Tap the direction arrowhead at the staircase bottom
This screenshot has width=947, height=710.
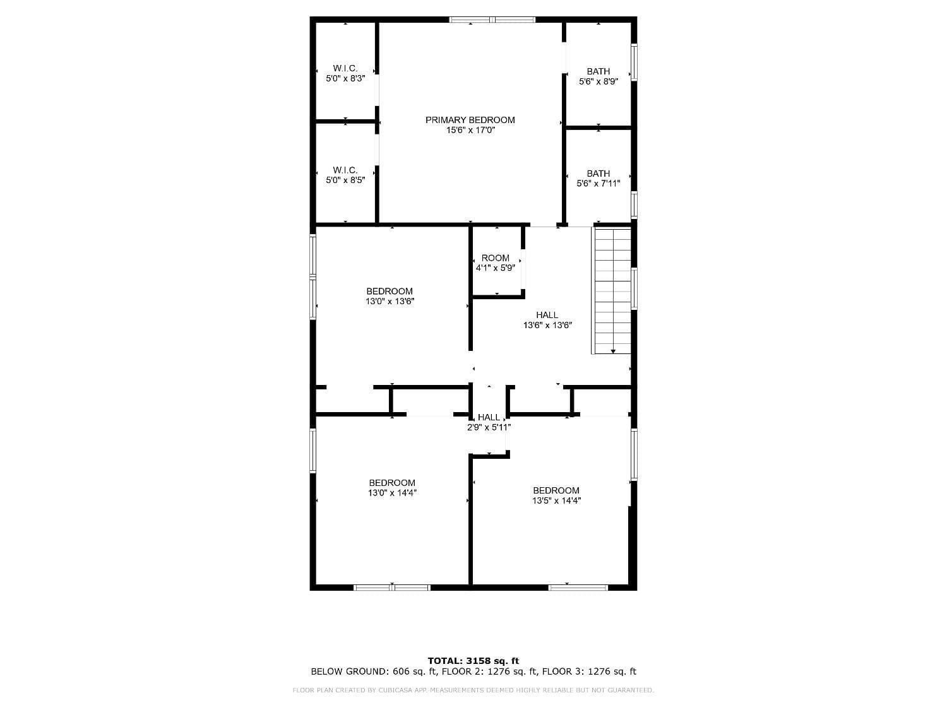613,352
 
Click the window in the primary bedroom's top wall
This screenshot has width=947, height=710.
492,20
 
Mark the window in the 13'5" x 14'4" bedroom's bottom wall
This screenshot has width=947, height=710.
578,588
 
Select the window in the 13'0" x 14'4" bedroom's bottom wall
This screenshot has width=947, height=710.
392,588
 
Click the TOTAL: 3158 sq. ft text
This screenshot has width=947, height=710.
473,661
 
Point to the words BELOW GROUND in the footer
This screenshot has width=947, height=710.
350,672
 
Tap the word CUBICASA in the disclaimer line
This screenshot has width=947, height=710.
393,690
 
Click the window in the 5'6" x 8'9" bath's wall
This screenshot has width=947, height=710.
634,62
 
